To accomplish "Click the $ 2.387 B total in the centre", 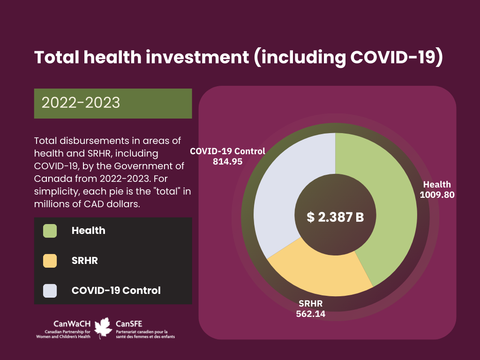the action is (x=335, y=217).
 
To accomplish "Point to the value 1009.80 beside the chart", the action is (x=437, y=195).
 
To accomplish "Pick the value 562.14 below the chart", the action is (x=310, y=314).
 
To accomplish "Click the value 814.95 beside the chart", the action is (x=227, y=161).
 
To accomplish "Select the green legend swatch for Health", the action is (x=50, y=231).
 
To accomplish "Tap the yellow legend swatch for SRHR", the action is (x=50, y=261).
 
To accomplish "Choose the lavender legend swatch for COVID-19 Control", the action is (x=50, y=291).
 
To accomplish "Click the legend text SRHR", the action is (x=85, y=261).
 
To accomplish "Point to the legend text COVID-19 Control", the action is (x=116, y=291).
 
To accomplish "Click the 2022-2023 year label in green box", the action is (x=81, y=103).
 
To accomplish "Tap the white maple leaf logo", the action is (x=103, y=328).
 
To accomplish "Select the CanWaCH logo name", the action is (x=72, y=324).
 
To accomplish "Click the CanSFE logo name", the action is (x=129, y=324).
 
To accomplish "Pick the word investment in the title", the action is (x=197, y=57).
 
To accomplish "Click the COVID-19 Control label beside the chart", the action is (x=227, y=151).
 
